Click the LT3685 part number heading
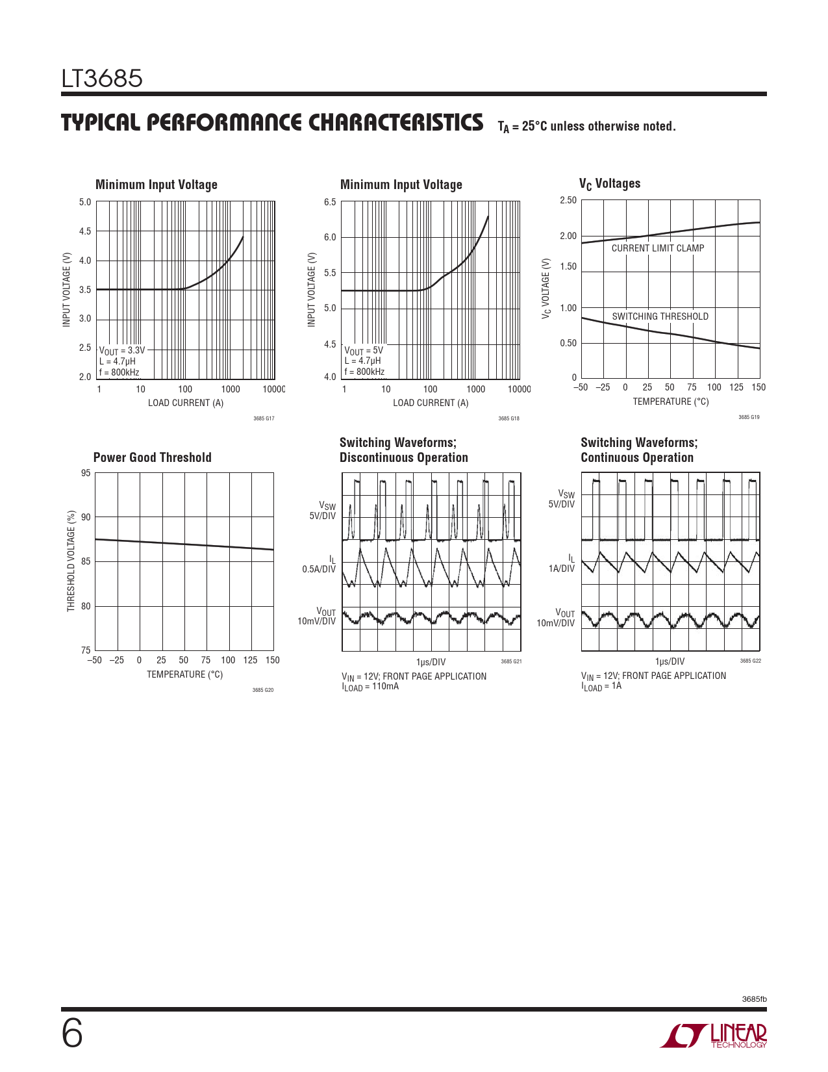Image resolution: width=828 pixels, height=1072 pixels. pyautogui.click(x=102, y=79)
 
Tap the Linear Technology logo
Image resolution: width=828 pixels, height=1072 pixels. pyautogui.click(x=714, y=1036)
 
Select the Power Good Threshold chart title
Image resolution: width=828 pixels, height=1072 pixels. pyautogui.click(x=153, y=457)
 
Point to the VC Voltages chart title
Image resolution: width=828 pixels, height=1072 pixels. pyautogui.click(x=610, y=184)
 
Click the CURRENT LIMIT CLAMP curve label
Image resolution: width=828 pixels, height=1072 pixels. pyautogui.click(x=658, y=248)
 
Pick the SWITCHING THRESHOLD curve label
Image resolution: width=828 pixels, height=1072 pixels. pyautogui.click(x=660, y=316)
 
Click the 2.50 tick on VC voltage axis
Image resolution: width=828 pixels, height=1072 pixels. pyautogui.click(x=568, y=200)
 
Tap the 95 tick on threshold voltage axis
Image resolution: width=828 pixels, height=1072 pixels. pyautogui.click(x=86, y=473)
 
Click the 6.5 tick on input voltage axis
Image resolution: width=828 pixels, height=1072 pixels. pyautogui.click(x=330, y=202)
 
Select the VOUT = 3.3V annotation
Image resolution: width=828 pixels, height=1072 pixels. pyautogui.click(x=122, y=350)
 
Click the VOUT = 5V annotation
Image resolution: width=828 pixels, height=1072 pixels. pyautogui.click(x=364, y=350)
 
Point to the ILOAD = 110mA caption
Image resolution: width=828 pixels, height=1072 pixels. pyautogui.click(x=370, y=687)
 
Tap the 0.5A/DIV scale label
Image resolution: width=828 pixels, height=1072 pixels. pyautogui.click(x=319, y=569)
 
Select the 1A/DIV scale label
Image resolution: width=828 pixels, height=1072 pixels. pyautogui.click(x=562, y=568)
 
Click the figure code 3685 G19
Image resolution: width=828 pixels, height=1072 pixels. pyautogui.click(x=749, y=417)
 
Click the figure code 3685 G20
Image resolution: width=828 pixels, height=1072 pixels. pyautogui.click(x=263, y=690)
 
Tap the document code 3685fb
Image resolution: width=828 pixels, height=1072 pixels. pyautogui.click(x=755, y=999)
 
